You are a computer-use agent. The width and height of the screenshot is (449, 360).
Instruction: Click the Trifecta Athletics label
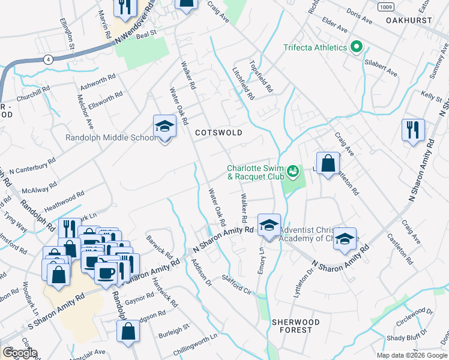pos(315,47)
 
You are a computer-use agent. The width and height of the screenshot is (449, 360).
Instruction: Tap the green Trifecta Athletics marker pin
pos(357,47)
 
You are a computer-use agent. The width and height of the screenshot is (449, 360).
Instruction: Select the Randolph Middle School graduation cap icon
pos(164,127)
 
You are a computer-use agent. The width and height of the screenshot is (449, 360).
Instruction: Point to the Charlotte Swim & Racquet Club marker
pos(292,172)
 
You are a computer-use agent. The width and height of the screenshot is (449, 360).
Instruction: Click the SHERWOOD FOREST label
pos(292,326)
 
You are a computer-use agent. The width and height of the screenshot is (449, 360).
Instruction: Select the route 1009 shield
pos(386,7)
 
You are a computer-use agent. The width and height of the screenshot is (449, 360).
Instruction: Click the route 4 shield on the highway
pos(46,59)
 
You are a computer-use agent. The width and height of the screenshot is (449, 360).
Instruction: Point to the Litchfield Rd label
pos(244,85)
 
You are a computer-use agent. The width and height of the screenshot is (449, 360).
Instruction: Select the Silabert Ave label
pos(379,67)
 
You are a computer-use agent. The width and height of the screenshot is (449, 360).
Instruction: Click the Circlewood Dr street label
pos(414,316)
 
